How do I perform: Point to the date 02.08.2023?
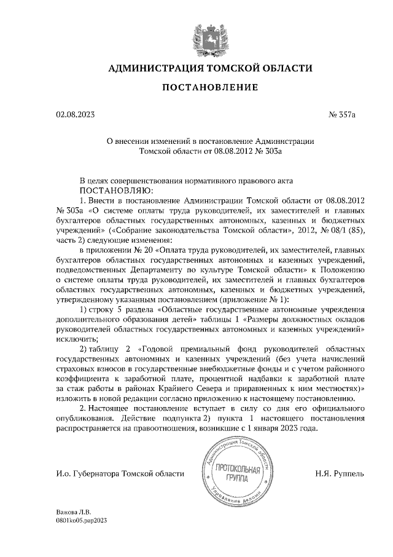(76, 114)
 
